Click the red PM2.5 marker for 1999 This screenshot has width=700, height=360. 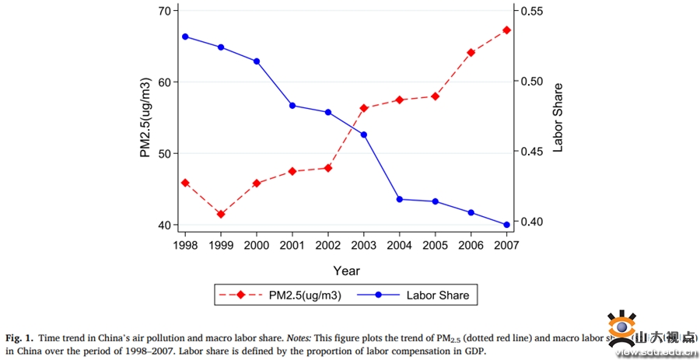(221, 214)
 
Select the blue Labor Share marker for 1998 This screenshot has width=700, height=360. (185, 37)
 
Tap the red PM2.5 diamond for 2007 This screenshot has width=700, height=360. (506, 30)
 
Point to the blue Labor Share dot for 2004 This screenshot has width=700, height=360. (400, 199)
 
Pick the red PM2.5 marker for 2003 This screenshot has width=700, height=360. (364, 108)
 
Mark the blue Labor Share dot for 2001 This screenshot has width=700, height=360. (292, 105)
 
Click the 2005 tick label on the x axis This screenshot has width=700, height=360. (435, 245)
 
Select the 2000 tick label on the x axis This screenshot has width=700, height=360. (257, 245)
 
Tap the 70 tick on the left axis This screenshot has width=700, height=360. (164, 11)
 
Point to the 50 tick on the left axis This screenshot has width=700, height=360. (164, 153)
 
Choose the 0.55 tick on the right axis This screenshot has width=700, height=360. (536, 11)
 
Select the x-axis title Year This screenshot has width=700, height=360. (346, 271)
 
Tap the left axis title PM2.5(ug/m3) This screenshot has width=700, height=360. (145, 118)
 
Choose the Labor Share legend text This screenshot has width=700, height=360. (437, 295)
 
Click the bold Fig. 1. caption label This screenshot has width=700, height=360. (19, 338)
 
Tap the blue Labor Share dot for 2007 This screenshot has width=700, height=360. (506, 225)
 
